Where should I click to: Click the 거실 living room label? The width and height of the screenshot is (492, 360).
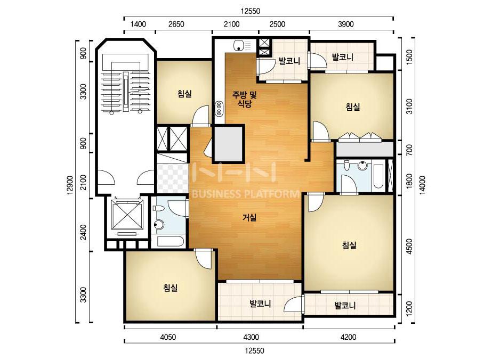click(x=249, y=217)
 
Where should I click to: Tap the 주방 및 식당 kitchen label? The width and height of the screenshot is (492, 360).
click(x=245, y=99)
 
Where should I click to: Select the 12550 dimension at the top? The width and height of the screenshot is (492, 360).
click(x=251, y=11)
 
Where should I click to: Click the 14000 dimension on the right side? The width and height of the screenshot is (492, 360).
click(x=422, y=185)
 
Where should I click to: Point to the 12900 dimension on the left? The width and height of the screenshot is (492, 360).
click(x=70, y=185)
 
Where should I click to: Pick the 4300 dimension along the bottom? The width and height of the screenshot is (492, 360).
click(x=251, y=337)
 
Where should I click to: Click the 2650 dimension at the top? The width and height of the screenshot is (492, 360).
click(x=176, y=24)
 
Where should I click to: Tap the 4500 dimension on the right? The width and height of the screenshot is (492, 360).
click(x=409, y=247)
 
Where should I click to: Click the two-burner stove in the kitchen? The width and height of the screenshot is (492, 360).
click(x=219, y=108)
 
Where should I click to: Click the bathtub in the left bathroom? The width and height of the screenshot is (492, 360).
click(x=169, y=242)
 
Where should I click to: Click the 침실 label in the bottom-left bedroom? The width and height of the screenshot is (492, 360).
click(x=171, y=288)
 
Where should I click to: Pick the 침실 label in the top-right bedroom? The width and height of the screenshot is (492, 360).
click(x=353, y=107)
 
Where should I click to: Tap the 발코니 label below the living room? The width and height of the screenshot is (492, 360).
click(x=260, y=304)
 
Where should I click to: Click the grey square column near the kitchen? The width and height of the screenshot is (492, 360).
click(x=229, y=144)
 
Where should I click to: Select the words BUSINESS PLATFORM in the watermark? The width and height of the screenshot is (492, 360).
click(x=245, y=194)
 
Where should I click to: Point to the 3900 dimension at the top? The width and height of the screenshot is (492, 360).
click(x=346, y=24)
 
